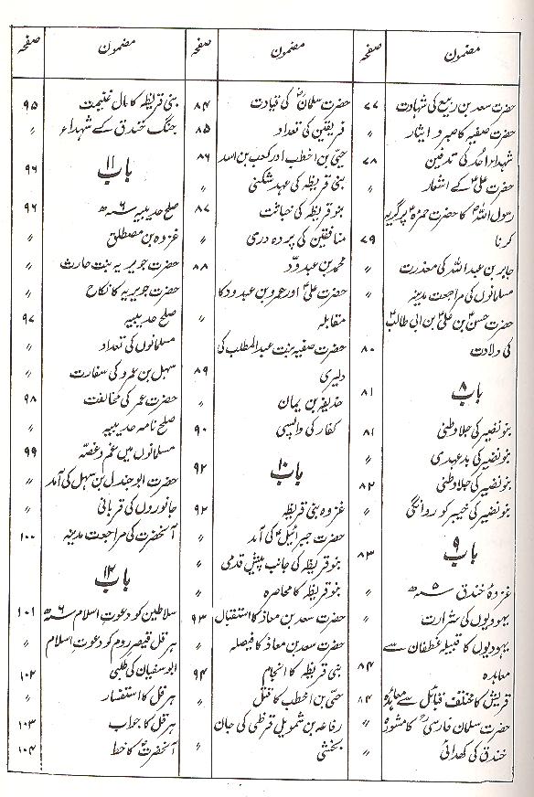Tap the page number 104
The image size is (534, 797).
click(25, 750)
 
